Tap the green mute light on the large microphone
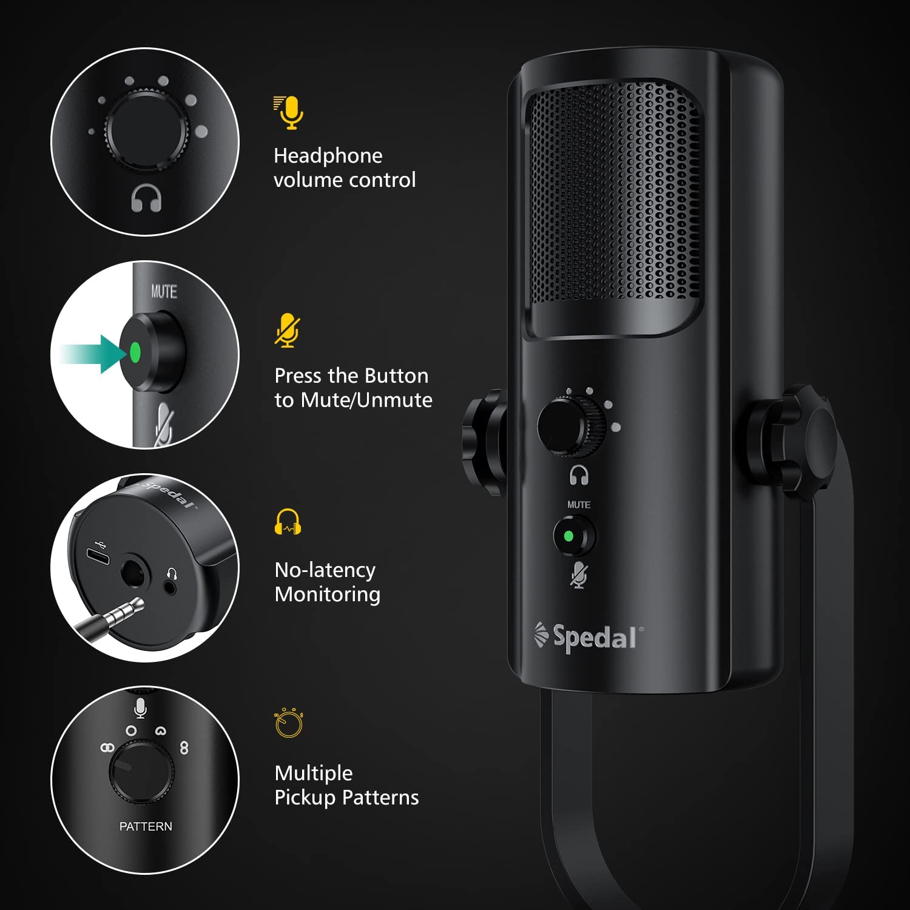click(568, 536)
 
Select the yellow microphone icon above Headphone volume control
click(289, 113)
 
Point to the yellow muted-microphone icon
click(287, 331)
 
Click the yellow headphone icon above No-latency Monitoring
click(288, 522)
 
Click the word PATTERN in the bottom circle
click(146, 826)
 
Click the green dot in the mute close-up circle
click(135, 352)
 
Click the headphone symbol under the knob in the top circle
click(146, 198)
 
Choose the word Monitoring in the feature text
click(328, 595)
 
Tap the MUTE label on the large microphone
click(579, 505)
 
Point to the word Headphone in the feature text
click(328, 156)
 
